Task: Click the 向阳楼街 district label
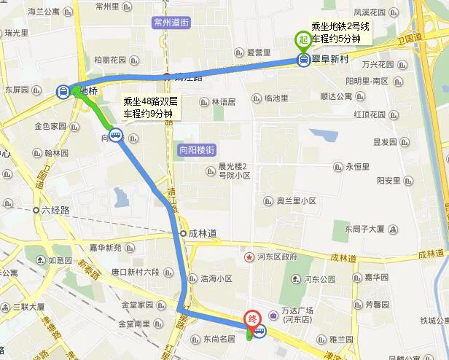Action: (196, 150)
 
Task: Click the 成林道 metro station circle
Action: (184, 234)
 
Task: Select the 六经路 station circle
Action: (36, 210)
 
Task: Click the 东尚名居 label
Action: (219, 338)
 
